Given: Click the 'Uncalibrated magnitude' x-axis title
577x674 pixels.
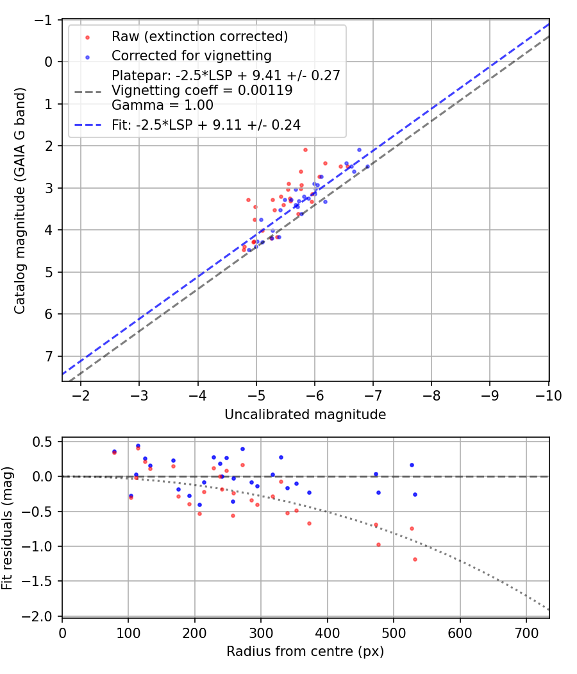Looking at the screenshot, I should (x=305, y=415).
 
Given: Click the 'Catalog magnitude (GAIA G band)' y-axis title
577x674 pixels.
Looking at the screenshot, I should (x=21, y=201).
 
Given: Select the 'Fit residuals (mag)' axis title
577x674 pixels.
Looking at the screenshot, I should (x=7, y=528).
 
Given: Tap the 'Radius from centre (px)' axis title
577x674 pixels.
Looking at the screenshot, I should (x=305, y=651).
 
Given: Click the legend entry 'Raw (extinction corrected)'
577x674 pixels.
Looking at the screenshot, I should (x=199, y=37).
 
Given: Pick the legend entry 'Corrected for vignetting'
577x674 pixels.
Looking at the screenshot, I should (x=192, y=56).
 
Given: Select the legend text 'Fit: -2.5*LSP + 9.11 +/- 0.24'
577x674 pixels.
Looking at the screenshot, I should (x=206, y=125).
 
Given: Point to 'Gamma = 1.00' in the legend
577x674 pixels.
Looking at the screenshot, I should (x=162, y=105).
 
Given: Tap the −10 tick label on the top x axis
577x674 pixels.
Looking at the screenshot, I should (x=549, y=395).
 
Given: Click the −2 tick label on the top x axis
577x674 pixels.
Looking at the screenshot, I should (x=81, y=395).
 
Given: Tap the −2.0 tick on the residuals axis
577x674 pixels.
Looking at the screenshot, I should (x=40, y=616).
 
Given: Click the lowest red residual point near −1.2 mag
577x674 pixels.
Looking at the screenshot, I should (x=415, y=559).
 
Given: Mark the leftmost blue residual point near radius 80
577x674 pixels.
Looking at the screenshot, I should (x=114, y=452).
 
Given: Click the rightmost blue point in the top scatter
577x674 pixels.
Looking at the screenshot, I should (x=367, y=166).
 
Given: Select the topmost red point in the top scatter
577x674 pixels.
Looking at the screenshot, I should (x=305, y=150).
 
